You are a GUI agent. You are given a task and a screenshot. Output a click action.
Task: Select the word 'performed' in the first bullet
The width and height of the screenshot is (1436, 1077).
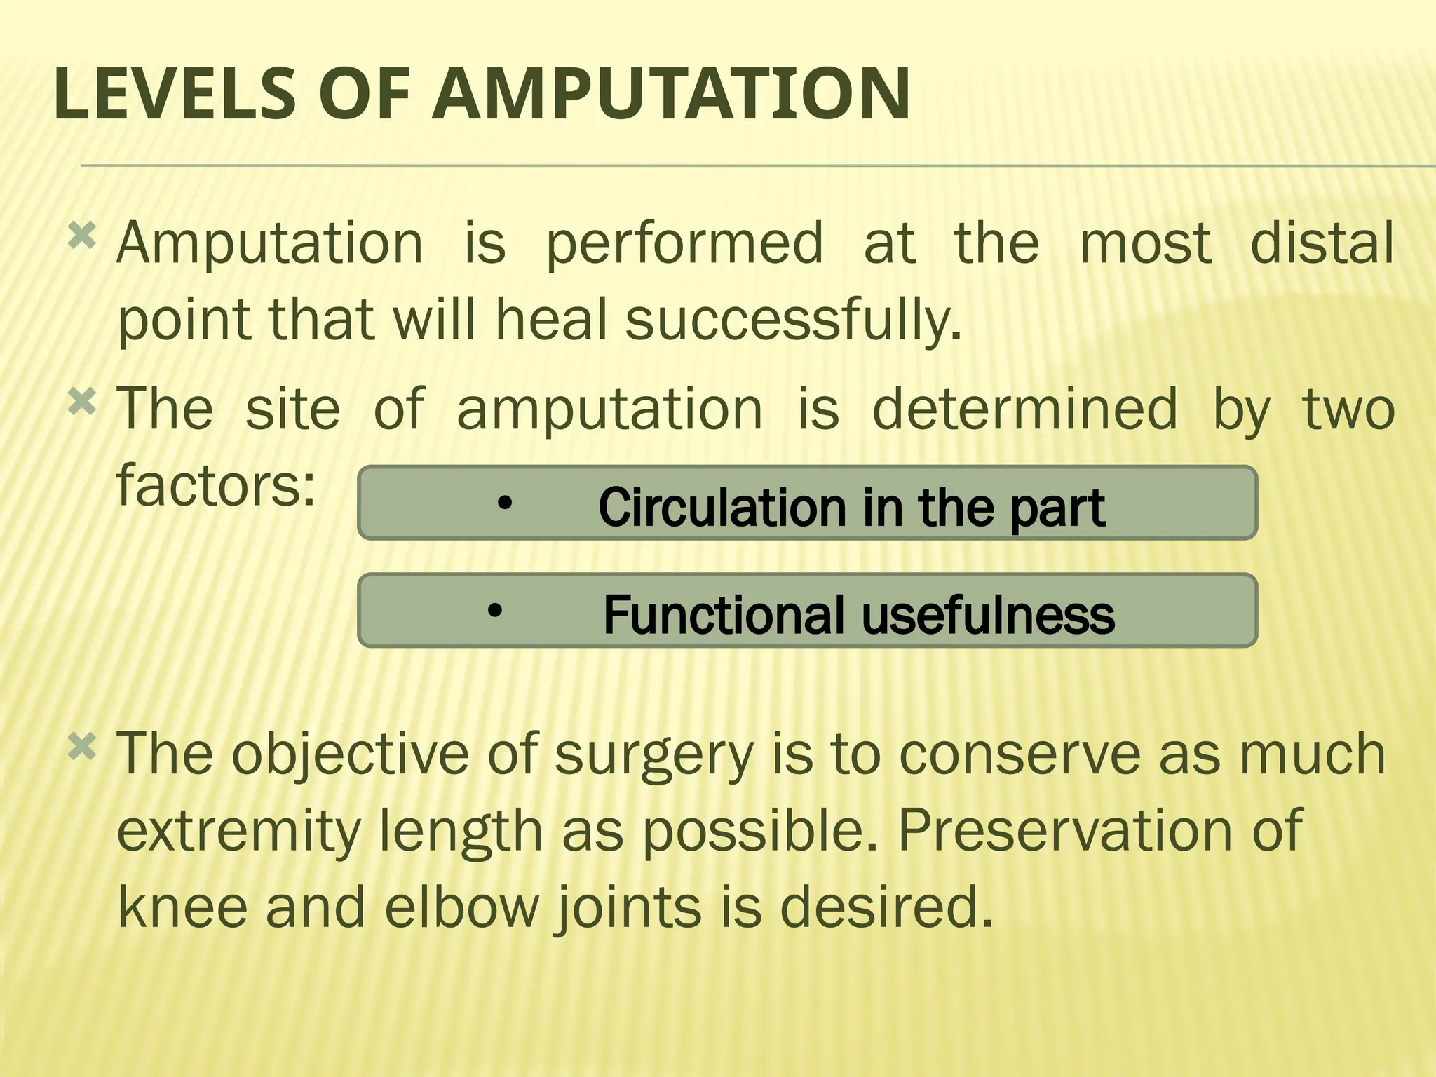(x=684, y=244)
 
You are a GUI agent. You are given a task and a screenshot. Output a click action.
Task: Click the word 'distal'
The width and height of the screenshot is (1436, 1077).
(x=1322, y=243)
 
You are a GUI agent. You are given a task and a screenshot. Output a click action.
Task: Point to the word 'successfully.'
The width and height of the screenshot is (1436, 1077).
(x=792, y=321)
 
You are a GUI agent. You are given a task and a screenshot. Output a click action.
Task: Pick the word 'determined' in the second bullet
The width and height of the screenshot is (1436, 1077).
(x=1024, y=409)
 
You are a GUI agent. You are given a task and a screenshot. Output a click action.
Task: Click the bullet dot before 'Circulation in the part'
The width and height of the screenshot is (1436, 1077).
(x=503, y=503)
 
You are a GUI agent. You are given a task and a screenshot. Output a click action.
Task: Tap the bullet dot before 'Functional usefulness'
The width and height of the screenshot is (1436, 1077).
(x=495, y=611)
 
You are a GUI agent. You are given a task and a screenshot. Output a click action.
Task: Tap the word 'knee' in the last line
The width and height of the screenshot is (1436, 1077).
(x=182, y=907)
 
